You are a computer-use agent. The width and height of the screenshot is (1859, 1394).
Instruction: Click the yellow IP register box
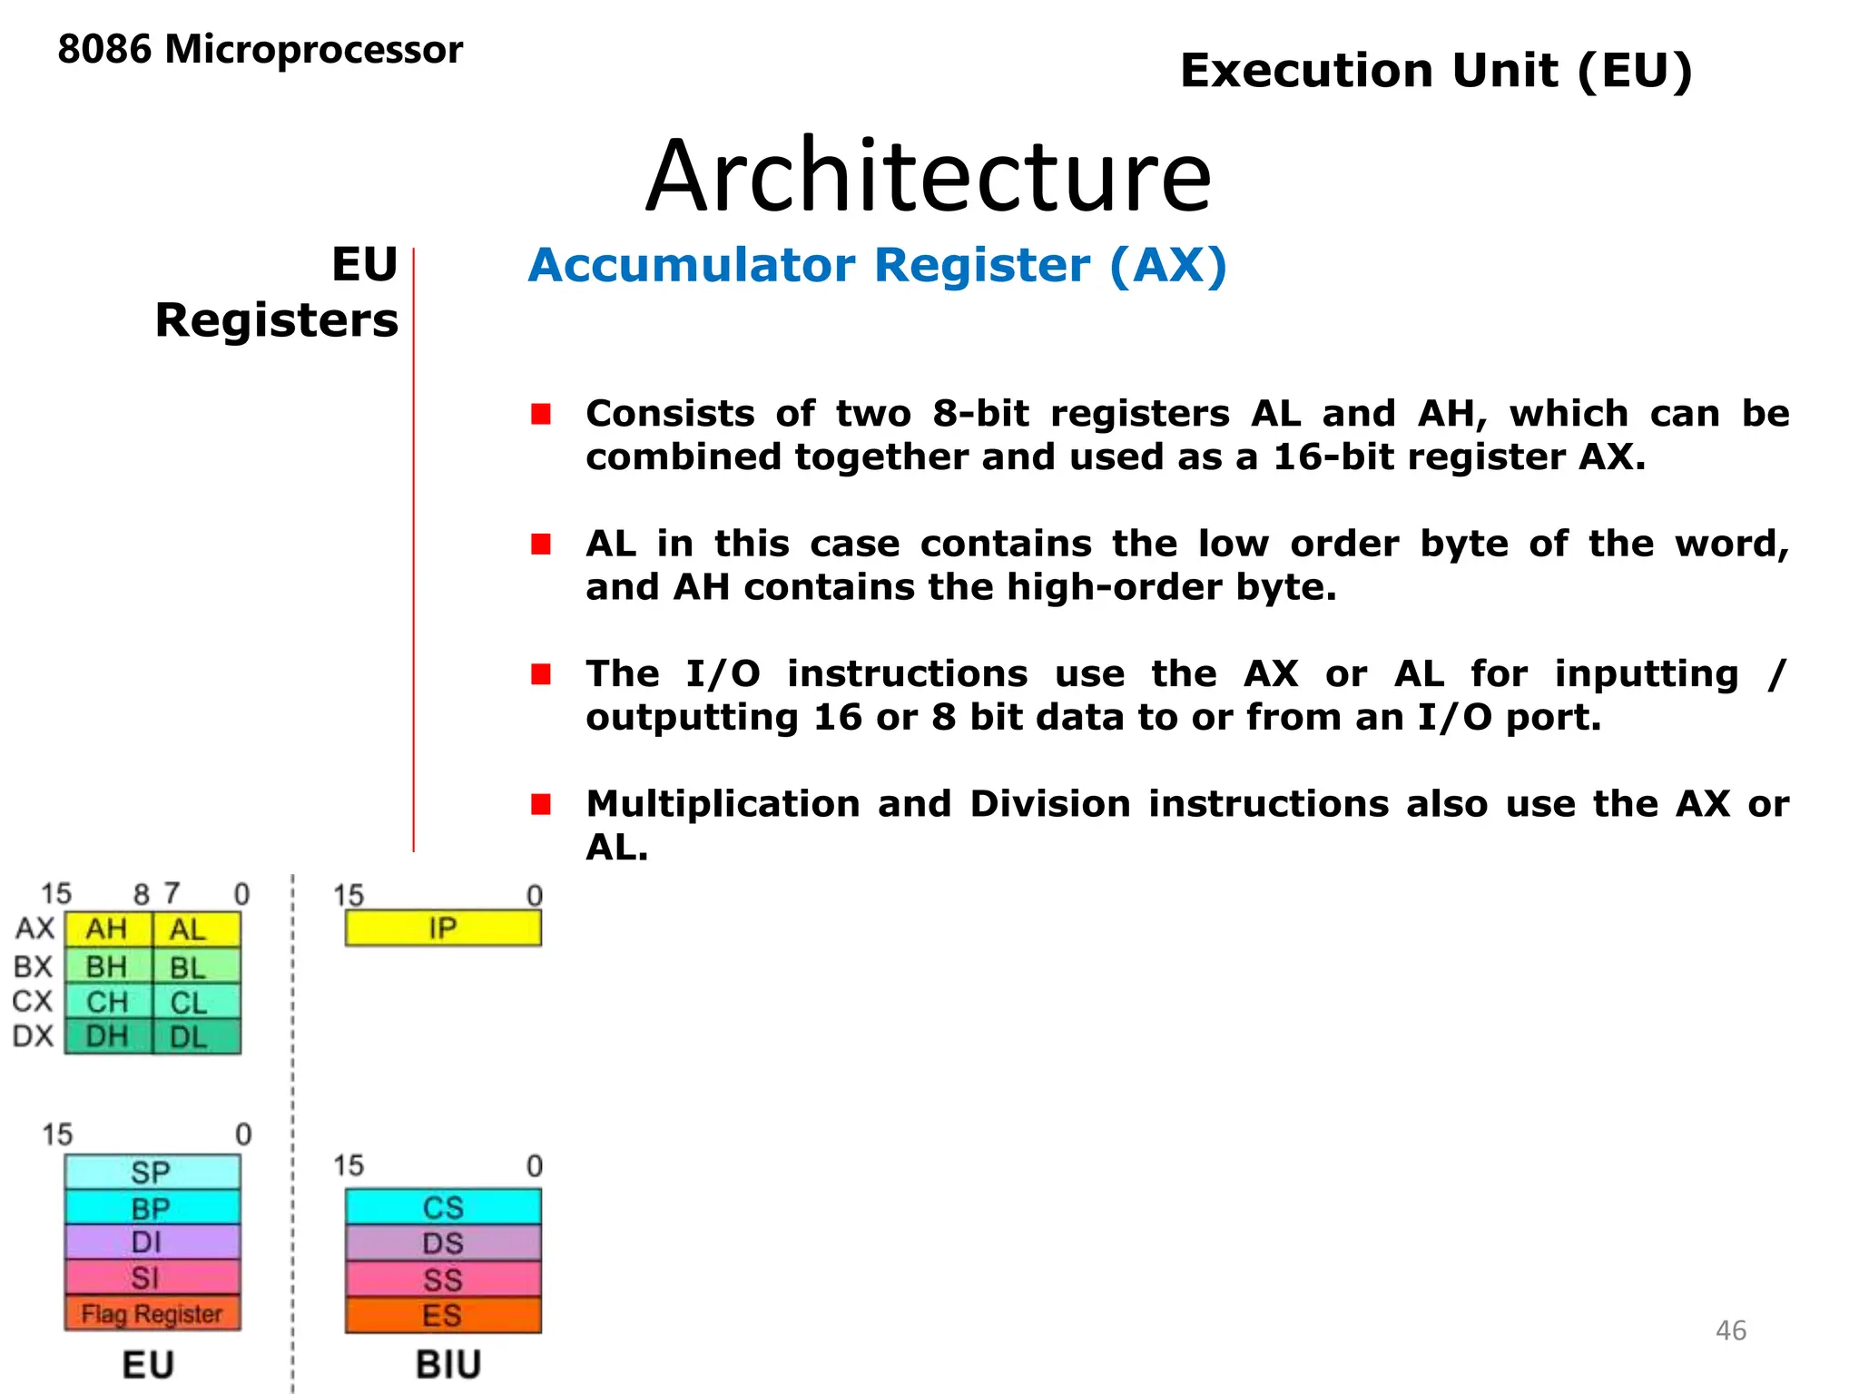(x=443, y=928)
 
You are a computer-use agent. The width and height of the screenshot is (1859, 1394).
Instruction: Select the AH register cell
(x=107, y=929)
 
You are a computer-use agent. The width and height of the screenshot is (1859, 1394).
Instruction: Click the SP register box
(x=152, y=1172)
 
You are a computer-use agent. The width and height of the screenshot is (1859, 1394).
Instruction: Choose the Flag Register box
(x=152, y=1313)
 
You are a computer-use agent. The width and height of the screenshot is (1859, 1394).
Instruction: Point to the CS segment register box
(x=443, y=1207)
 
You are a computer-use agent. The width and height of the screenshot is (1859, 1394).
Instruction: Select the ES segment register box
(x=443, y=1315)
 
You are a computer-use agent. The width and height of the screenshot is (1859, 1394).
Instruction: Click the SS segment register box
(x=443, y=1279)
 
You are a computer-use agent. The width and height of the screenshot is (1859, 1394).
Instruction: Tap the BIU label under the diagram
(x=448, y=1365)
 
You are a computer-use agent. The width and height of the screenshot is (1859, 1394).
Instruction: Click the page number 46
(x=1730, y=1330)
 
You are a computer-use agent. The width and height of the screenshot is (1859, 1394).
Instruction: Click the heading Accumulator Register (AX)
(x=877, y=266)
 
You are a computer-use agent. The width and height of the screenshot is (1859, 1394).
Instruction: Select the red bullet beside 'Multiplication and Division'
(x=542, y=804)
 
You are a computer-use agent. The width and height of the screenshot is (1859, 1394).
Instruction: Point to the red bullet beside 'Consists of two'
(x=542, y=414)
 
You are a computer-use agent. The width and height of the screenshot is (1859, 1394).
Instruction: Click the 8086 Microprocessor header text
(x=260, y=50)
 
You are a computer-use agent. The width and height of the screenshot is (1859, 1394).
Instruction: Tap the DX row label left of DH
(x=34, y=1036)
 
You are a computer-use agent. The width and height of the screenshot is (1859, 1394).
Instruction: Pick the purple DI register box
(x=152, y=1242)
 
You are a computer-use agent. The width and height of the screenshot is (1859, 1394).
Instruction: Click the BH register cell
(x=107, y=967)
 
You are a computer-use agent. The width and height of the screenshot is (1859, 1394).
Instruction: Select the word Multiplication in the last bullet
(x=723, y=804)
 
